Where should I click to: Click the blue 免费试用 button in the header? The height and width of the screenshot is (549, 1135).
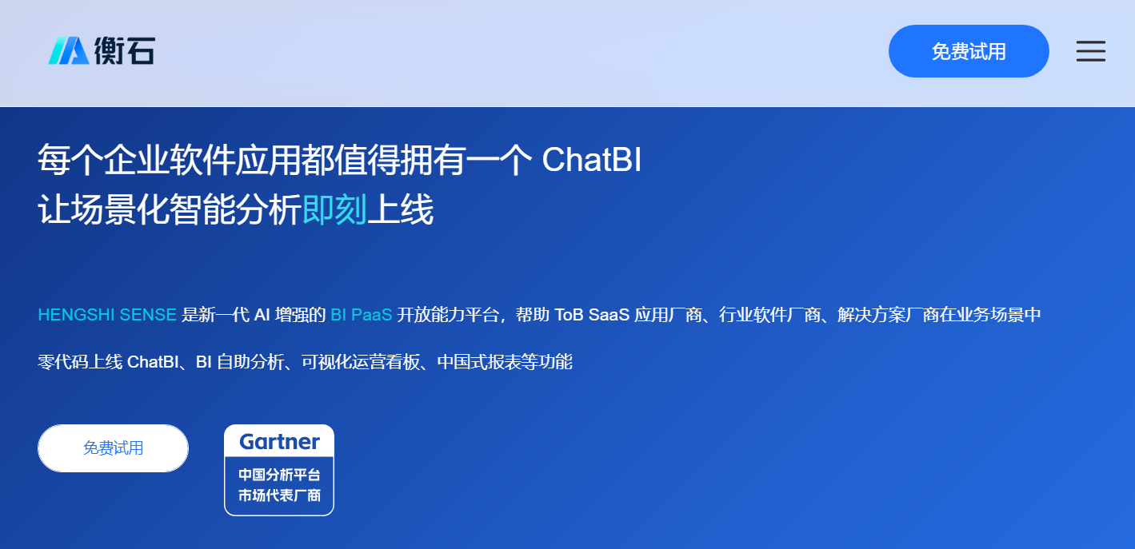point(969,51)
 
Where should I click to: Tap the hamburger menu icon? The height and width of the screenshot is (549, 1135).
point(1090,51)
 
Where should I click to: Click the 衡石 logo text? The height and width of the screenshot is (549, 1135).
point(125,50)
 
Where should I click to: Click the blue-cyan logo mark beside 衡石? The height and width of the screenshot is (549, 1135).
point(69,50)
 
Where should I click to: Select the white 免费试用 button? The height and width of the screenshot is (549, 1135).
point(113,448)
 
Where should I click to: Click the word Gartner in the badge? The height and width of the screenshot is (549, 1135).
point(279,442)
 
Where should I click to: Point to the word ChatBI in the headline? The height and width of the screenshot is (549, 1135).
point(591,160)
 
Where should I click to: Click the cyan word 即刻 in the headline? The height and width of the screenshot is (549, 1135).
point(334,209)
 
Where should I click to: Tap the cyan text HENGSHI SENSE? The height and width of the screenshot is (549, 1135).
point(107,315)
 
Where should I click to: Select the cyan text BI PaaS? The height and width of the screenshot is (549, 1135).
point(362,315)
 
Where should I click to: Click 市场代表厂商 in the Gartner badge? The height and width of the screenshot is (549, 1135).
point(279,495)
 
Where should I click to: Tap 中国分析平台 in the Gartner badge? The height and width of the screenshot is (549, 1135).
point(279,475)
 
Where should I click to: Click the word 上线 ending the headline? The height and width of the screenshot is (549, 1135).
point(400,209)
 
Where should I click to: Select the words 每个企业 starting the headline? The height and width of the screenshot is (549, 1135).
point(103,160)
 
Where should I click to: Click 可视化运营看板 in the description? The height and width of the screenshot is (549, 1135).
point(361,362)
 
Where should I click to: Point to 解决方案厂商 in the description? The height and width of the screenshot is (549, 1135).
point(888,315)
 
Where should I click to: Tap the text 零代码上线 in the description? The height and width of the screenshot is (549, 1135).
point(80,362)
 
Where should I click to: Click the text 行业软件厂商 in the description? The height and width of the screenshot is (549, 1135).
point(769,315)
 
